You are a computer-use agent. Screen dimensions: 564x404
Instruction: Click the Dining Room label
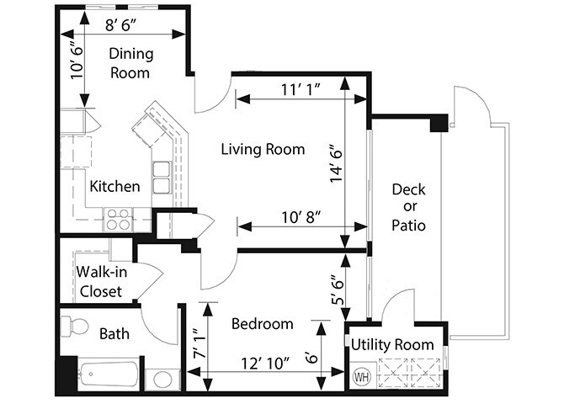pos(131,63)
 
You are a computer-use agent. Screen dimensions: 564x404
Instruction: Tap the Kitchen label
pos(114,186)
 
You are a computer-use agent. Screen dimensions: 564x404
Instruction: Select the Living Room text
pos(263,149)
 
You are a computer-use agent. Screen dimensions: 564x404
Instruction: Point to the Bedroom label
pos(262,324)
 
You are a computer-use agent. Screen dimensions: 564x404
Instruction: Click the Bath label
pos(114,334)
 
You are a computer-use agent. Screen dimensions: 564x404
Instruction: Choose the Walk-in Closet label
pos(102,282)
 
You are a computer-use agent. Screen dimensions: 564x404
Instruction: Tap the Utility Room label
pos(392,344)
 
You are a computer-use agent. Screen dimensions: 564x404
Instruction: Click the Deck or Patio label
pos(408,207)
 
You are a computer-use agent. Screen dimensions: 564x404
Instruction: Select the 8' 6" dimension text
pos(121,25)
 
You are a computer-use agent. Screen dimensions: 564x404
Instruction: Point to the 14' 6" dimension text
pos(337,163)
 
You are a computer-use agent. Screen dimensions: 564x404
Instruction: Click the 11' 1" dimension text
pos(301,89)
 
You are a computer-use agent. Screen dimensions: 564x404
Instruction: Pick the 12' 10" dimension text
pos(265,364)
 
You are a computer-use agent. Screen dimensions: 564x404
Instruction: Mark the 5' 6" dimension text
pos(338,290)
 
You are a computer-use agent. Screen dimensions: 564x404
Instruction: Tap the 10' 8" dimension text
pos(301,217)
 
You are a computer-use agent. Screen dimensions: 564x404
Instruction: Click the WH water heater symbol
pos(361,377)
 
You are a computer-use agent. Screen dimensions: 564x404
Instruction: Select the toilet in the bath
pos(74,327)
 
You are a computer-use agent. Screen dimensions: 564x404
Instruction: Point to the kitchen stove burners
pos(119,220)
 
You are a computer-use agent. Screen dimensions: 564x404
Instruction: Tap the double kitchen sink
pos(162,178)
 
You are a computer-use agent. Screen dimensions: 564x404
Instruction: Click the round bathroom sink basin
pos(162,380)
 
